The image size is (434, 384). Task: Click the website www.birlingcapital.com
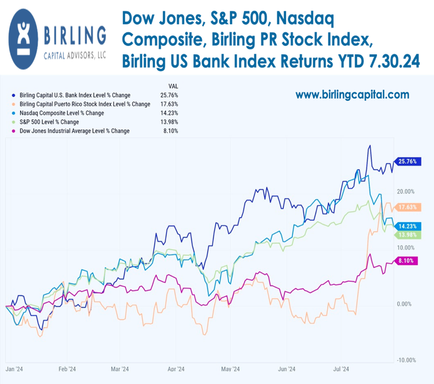point(353,95)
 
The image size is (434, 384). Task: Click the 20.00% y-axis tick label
point(406,191)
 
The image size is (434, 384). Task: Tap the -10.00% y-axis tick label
point(406,360)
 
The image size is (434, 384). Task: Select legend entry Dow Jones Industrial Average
point(74,131)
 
